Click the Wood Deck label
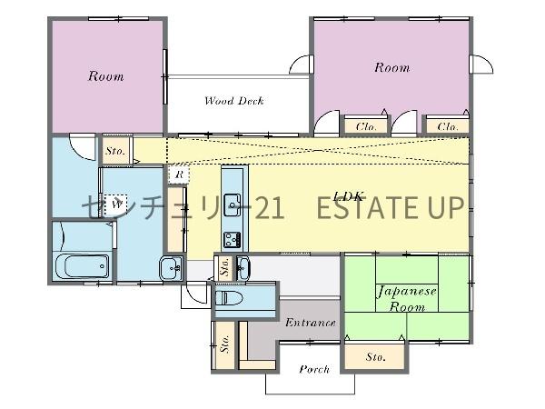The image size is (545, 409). point(234,101)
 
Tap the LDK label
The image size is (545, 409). point(348,196)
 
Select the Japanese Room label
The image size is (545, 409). point(407,299)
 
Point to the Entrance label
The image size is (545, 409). point(311,323)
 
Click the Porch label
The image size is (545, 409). point(314,369)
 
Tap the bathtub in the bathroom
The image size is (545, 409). point(83,266)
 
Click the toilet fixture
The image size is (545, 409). point(229,298)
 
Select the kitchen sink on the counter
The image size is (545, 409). point(233,204)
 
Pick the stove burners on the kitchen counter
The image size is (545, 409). point(233,239)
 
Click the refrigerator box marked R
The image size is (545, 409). point(179,175)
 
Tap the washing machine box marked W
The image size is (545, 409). point(116,204)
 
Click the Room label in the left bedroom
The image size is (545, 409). point(105,75)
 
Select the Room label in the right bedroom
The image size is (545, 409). point(392,67)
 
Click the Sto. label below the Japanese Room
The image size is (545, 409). point(375,357)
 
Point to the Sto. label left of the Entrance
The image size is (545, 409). point(224,344)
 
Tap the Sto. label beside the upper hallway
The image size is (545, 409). point(115,151)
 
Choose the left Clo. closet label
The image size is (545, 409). point(366,126)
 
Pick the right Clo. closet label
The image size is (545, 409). point(448,126)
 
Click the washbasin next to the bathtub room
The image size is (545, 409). point(172,268)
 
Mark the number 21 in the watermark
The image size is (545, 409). point(270,207)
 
